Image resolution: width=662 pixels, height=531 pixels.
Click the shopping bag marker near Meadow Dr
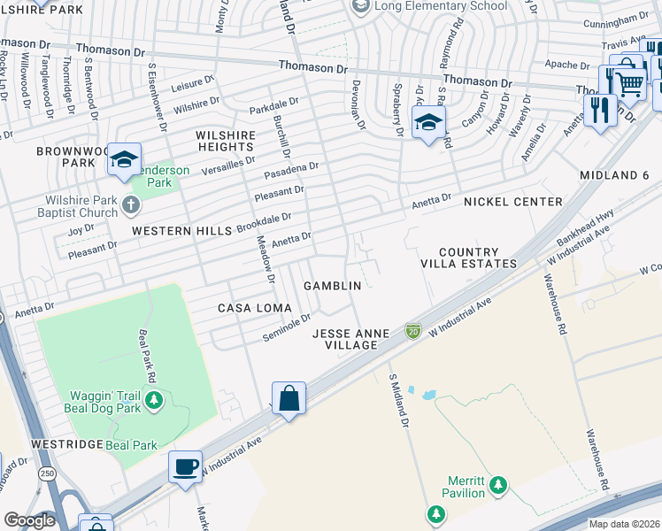[289, 398]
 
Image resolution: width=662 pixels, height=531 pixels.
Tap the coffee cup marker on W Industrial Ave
[185, 466]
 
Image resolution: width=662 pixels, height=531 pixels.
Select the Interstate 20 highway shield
[412, 330]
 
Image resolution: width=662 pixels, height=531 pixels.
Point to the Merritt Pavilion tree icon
[498, 484]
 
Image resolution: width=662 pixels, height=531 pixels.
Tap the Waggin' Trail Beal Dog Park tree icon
[154, 400]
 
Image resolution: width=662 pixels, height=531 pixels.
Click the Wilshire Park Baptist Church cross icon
[130, 206]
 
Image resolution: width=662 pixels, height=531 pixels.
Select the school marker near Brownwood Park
[124, 159]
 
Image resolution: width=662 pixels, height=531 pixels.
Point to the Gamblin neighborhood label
[332, 286]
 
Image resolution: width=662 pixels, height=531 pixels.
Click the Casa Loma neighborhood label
[249, 307]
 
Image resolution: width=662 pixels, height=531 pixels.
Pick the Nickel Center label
[513, 202]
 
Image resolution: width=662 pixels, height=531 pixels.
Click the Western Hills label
[182, 230]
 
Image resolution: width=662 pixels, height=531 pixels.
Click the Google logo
[29, 520]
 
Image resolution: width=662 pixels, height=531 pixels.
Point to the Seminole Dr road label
[287, 328]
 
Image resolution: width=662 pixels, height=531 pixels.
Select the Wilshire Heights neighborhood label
[226, 141]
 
